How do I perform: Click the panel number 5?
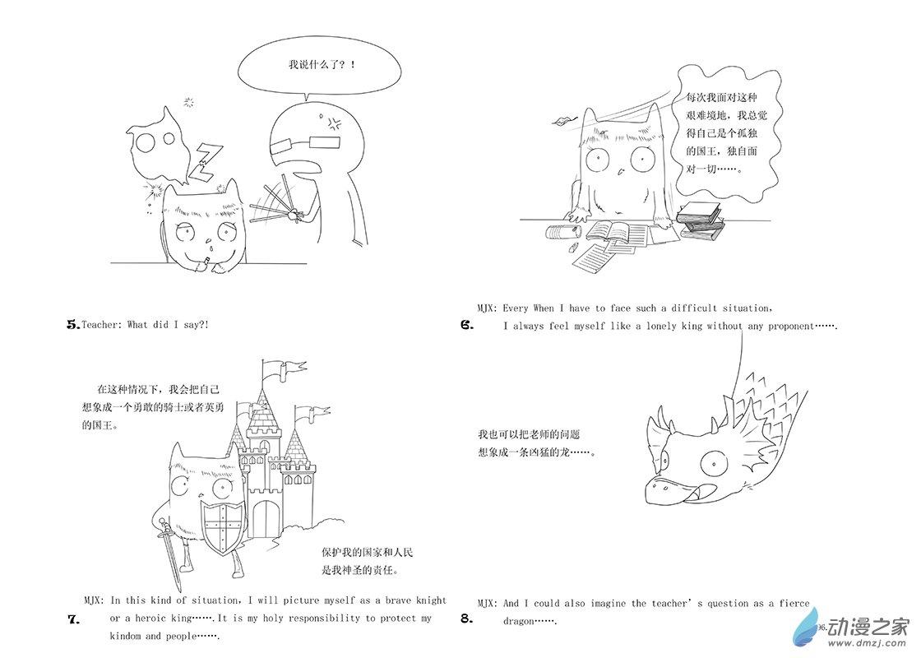coord(73,324)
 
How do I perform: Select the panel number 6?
coord(467,325)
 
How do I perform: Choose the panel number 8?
coord(467,619)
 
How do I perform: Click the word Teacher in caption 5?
coord(99,324)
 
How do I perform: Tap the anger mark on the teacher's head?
coord(335,123)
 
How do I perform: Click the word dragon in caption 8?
coord(519,621)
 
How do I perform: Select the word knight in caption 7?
coord(432,600)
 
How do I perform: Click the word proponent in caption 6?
coord(785,326)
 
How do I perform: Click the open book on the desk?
coord(616,231)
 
